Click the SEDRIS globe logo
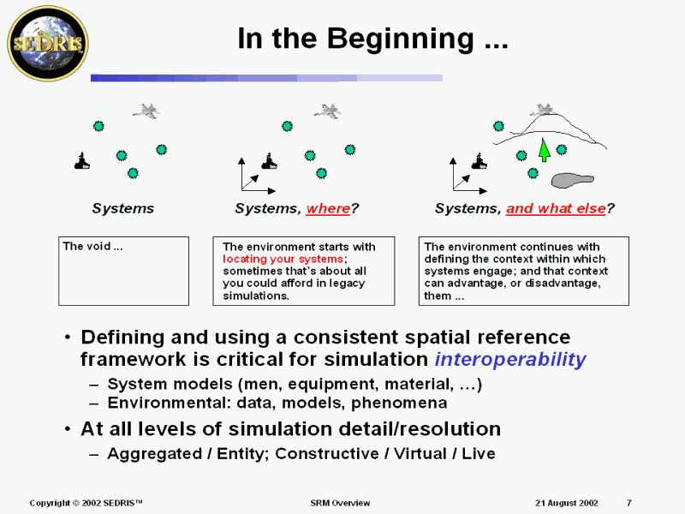click(x=47, y=41)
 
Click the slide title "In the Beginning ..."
click(x=372, y=39)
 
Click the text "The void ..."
click(x=92, y=247)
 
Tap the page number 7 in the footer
click(x=629, y=503)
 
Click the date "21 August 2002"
click(x=566, y=503)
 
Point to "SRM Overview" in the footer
click(x=340, y=503)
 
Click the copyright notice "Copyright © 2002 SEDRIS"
click(x=86, y=503)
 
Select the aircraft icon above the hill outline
click(x=541, y=110)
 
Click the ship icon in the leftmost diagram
click(x=82, y=161)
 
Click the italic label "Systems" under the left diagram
click(x=123, y=208)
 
